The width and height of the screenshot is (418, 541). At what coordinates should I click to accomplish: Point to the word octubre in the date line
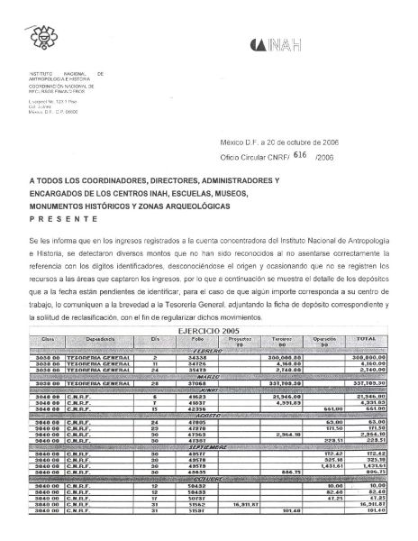point(288,142)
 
